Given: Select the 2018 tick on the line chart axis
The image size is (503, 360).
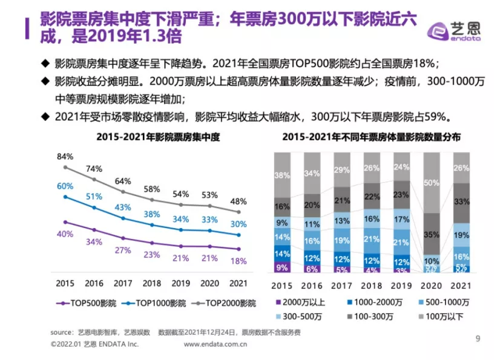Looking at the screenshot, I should click(152, 283).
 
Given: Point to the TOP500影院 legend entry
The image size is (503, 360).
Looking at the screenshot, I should click(80, 303).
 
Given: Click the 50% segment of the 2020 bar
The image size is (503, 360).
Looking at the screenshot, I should click(432, 182).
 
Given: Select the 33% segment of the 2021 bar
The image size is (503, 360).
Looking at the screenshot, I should click(462, 201).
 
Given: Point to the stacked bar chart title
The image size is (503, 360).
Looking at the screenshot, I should click(371, 137).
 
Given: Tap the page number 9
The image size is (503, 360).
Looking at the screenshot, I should click(478, 339).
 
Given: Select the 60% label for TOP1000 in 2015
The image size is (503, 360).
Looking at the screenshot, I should click(65, 186).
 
